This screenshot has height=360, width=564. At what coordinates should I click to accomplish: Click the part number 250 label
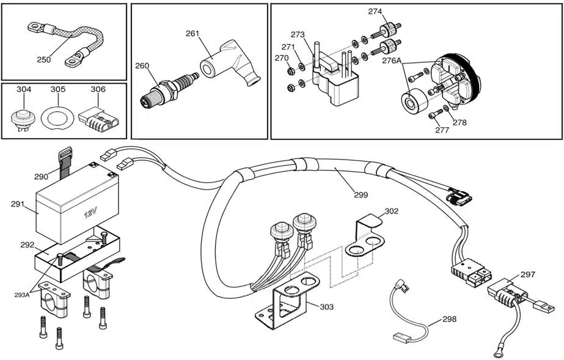click(44, 60)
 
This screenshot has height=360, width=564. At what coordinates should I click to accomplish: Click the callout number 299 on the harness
click(361, 195)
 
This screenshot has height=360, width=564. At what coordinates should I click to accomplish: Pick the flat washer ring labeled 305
click(57, 117)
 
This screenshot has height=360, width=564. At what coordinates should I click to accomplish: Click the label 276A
click(391, 61)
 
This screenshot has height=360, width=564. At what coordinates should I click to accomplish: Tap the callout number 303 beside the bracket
click(326, 307)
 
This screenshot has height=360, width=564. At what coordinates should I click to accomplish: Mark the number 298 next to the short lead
click(449, 319)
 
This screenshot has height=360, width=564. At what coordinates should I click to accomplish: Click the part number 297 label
click(528, 274)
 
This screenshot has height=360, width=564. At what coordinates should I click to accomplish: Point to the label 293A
click(21, 295)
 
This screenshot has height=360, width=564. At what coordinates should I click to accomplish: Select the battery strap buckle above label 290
click(65, 154)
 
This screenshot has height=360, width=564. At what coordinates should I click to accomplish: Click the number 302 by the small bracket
click(392, 211)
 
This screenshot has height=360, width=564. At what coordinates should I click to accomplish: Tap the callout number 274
click(375, 12)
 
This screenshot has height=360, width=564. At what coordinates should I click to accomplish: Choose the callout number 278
click(460, 123)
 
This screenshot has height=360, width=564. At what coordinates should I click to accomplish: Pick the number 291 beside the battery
click(18, 204)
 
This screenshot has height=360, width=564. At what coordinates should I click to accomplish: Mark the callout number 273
click(298, 35)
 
